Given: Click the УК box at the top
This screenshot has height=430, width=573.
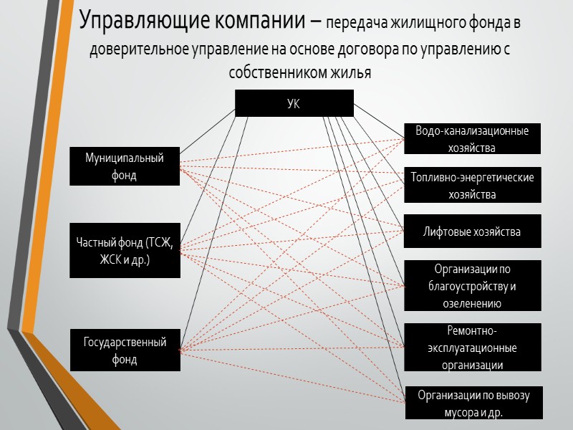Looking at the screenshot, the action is (x=294, y=103).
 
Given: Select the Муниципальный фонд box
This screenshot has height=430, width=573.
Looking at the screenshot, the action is (x=125, y=166).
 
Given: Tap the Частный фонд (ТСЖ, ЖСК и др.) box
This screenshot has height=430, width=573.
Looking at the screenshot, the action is (x=125, y=251).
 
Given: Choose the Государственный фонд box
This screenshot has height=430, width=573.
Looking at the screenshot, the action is (x=125, y=350).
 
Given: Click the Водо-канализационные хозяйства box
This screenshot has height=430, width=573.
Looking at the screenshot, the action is (x=472, y=139).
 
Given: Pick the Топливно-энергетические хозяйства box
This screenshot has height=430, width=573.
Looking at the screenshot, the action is (x=472, y=186).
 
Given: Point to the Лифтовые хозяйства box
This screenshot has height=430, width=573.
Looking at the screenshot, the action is (x=472, y=231).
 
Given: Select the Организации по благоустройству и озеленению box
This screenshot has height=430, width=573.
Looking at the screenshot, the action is (x=472, y=286).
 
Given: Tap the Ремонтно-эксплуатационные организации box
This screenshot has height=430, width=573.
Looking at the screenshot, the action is (x=472, y=348).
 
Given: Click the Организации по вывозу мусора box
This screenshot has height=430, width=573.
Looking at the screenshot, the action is (x=473, y=403).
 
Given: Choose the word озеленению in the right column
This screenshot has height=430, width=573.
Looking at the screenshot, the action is (x=472, y=304).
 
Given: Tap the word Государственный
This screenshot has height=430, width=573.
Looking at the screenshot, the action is (x=125, y=343).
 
